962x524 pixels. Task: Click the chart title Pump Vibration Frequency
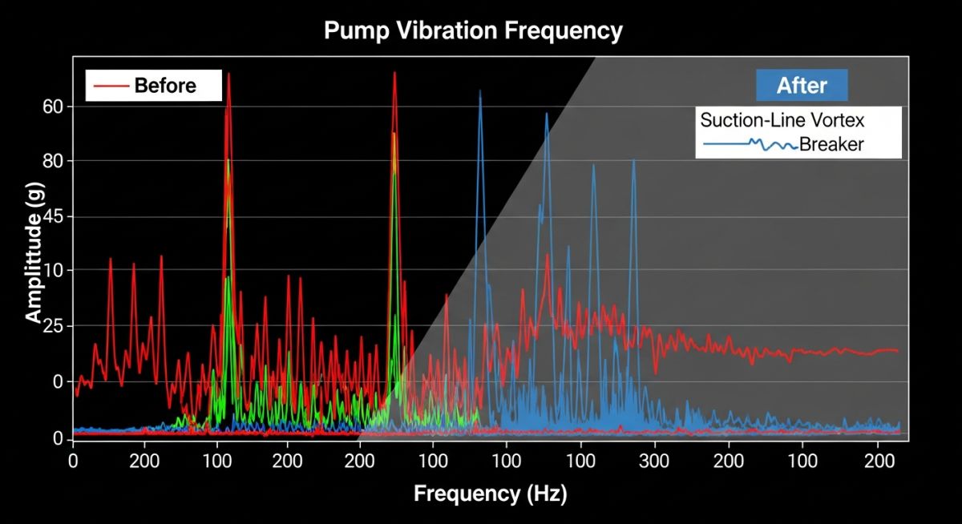473,31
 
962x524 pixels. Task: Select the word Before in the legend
165,85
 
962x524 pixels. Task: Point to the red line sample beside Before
112,86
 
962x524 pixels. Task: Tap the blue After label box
802,85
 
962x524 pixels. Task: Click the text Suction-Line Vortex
782,121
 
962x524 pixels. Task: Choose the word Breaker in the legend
831,145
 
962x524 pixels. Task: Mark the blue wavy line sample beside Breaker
750,145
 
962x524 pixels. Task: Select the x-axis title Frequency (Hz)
490,494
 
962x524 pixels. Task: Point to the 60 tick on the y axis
57,107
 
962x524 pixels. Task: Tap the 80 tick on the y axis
57,162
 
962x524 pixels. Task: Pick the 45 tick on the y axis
57,217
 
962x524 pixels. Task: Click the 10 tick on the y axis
57,271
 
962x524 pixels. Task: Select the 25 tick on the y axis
57,327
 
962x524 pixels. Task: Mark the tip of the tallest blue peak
480,91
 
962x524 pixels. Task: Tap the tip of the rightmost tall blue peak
633,160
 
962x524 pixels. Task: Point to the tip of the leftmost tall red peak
228,74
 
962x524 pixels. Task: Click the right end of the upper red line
897,351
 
